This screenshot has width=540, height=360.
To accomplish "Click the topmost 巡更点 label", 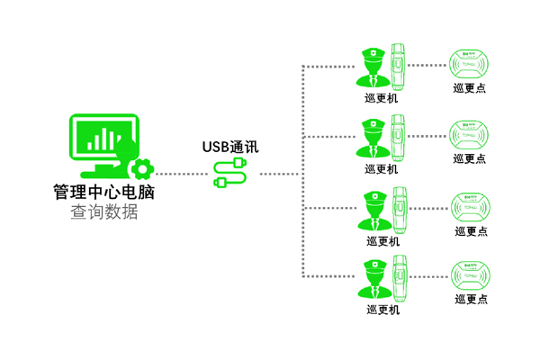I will pos(470,88).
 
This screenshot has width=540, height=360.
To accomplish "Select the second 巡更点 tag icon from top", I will pos(470,135).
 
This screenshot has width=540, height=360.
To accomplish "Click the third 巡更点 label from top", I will pos(470,230).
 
